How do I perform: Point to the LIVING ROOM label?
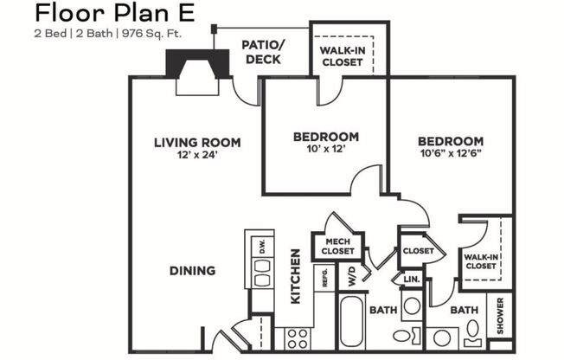coord(197,142)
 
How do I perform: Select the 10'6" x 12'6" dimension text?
coord(450,154)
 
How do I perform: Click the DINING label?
coord(192,271)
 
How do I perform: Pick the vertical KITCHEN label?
coord(296,275)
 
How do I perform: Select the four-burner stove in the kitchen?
coord(298,337)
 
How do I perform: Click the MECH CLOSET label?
coord(339,246)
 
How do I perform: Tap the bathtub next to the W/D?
coord(352,324)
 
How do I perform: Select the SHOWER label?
coord(499,316)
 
